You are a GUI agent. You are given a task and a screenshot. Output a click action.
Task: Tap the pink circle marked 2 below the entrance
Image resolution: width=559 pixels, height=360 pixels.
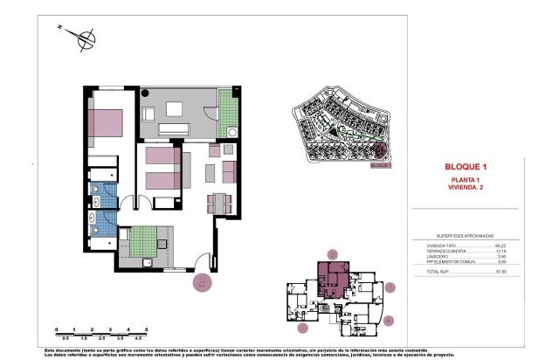point(202,280)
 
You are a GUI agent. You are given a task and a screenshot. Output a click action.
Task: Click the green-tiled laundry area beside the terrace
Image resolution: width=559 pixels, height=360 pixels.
point(228,111)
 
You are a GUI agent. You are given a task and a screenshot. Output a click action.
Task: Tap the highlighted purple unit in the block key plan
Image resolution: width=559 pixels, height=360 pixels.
point(333,280)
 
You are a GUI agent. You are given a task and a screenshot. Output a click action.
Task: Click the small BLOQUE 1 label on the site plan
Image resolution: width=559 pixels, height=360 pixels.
point(380,163)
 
